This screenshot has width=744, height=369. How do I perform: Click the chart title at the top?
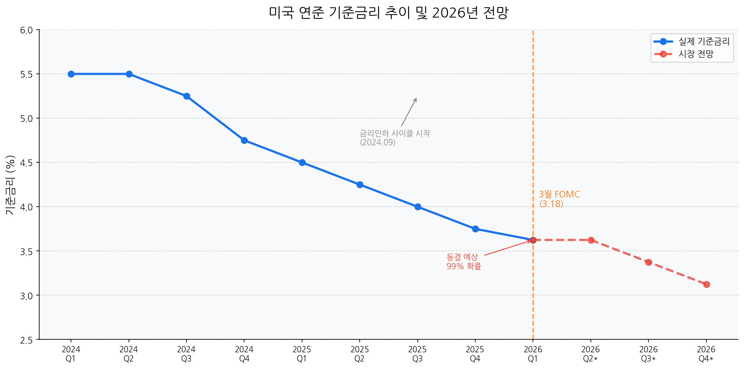pos(388,13)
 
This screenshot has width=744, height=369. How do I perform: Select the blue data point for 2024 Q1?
pos(71,74)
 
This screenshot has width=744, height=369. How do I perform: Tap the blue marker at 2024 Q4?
pos(244,140)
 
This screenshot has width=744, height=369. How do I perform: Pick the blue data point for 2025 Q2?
pos(360,184)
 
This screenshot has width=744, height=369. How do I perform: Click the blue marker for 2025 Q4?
pos(475,229)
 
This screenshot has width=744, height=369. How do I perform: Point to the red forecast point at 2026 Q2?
pos(591,240)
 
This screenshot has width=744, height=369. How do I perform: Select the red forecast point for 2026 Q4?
pos(706,284)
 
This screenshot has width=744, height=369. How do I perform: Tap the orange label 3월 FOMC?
pos(559,195)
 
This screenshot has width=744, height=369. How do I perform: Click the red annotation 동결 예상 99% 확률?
pos(464,262)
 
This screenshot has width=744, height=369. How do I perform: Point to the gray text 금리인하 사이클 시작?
pos(394,134)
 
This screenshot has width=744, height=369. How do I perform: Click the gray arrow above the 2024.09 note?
pos(409,112)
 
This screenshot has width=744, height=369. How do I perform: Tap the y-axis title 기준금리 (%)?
pos(10,185)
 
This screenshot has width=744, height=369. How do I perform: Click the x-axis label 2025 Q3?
pos(417,354)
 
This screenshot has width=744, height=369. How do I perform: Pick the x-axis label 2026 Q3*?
pos(648,354)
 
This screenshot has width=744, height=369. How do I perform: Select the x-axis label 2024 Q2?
pos(129,354)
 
